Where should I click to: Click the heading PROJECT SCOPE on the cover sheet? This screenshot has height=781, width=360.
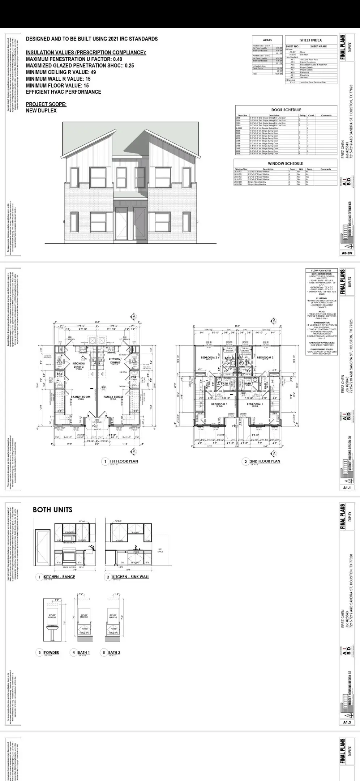(x=46, y=104)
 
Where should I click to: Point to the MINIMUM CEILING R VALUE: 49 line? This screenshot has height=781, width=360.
(x=61, y=72)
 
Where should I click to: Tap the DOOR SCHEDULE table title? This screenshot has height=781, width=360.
(x=286, y=110)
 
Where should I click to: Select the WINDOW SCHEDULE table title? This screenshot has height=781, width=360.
(x=285, y=163)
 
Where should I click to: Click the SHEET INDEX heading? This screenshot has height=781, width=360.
(x=310, y=40)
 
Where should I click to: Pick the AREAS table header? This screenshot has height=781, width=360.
(x=267, y=40)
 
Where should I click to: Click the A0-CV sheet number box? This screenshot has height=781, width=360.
(x=347, y=253)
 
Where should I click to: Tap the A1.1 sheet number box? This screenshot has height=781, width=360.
(x=347, y=488)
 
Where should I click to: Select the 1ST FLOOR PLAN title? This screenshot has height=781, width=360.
(x=124, y=461)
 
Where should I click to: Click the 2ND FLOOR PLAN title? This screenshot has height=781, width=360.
(x=265, y=461)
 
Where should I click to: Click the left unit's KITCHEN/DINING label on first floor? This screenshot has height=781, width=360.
(x=78, y=365)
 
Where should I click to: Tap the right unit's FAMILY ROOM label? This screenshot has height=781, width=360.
(x=113, y=397)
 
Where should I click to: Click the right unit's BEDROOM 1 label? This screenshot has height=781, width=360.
(x=254, y=404)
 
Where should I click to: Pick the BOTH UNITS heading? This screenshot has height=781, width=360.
(x=52, y=510)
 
